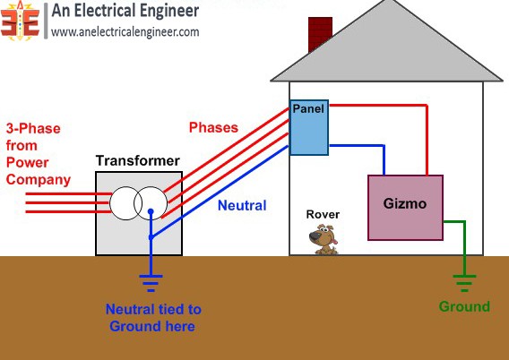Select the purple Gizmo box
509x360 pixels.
point(405,207)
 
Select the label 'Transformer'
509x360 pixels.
point(137,161)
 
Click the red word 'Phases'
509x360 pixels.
point(213,127)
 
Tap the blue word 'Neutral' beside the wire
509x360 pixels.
point(242,205)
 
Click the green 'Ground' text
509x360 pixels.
point(464,307)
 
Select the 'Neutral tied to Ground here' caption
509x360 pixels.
point(153,318)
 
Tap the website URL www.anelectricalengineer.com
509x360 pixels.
point(125,32)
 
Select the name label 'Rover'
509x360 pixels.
point(323,214)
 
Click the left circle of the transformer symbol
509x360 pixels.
point(126,204)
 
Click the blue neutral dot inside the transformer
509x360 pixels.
point(151,214)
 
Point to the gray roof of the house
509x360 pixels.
point(385,54)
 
